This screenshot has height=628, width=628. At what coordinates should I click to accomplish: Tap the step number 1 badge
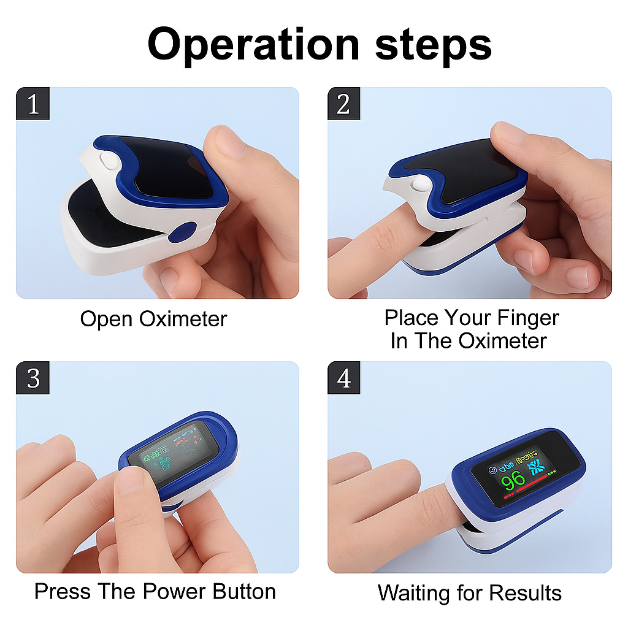click(x=33, y=103)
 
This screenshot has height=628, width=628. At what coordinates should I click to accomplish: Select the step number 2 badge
click(x=343, y=103)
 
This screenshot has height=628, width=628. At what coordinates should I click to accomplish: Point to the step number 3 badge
click(x=33, y=377)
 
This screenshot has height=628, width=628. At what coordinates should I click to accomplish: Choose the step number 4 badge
click(x=343, y=377)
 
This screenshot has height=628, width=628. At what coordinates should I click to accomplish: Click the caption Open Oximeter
click(x=153, y=319)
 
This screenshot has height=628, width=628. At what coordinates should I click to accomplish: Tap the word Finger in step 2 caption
click(x=528, y=318)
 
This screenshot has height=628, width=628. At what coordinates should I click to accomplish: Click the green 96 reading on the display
click(x=513, y=480)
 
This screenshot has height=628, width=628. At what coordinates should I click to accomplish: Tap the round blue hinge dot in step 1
click(x=183, y=232)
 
